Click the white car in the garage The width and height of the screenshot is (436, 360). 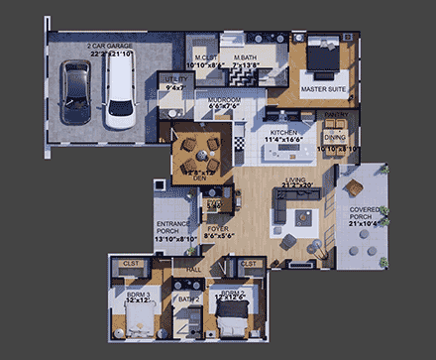coord(117,95)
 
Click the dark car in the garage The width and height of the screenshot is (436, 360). coord(75,94)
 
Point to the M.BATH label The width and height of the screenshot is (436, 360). coord(247,60)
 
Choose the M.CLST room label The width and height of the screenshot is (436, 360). coord(206,60)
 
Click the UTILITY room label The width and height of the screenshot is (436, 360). coord(177,82)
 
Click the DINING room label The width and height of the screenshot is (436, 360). coord(335,137)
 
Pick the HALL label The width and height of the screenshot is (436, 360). coord(194,268)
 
